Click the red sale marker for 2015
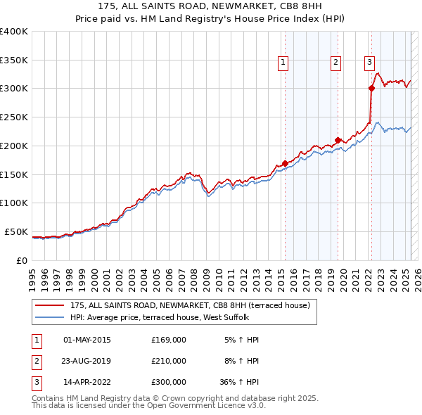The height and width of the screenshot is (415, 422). [285, 163]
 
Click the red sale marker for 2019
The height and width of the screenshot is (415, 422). [338, 139]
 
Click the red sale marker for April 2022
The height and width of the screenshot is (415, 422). [371, 88]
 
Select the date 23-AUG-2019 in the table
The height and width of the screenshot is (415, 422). [87, 361]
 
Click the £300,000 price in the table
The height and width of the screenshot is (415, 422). [169, 383]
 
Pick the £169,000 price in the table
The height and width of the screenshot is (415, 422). [169, 340]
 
